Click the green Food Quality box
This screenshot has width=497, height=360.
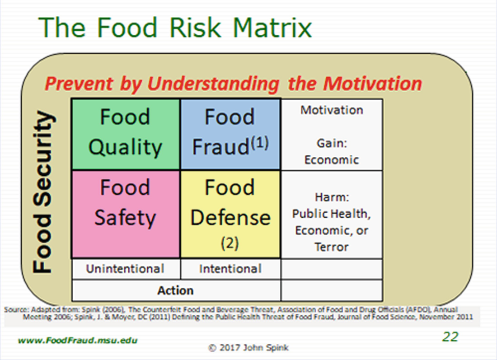click(x=126, y=134)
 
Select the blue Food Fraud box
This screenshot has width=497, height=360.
click(x=230, y=134)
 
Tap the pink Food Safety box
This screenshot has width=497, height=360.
click(x=126, y=214)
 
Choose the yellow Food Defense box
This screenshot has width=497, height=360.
click(x=230, y=214)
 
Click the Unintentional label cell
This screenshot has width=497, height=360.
click(x=126, y=269)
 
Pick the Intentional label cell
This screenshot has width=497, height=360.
click(x=230, y=269)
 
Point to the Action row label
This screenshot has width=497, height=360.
click(x=176, y=290)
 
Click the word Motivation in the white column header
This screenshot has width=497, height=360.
click(x=332, y=110)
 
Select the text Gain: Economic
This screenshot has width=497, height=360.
click(x=332, y=151)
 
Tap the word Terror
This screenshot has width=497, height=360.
click(x=332, y=247)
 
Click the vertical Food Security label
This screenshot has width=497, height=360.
click(x=42, y=192)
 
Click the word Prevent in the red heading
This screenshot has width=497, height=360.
click(x=79, y=84)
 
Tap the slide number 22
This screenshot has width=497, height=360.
click(x=450, y=337)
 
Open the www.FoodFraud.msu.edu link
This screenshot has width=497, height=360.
click(x=78, y=341)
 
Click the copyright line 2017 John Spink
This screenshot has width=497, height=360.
click(x=248, y=348)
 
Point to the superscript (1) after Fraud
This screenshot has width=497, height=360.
click(x=260, y=143)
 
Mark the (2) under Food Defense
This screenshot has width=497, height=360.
click(x=230, y=243)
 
